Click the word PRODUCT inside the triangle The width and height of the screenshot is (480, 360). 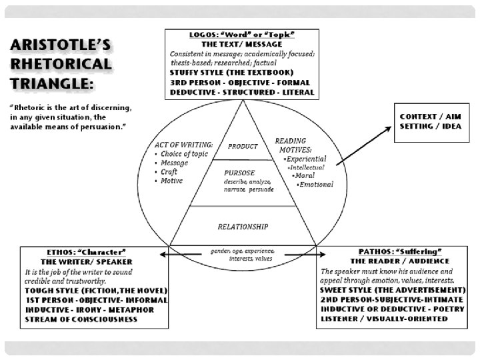point(243,145)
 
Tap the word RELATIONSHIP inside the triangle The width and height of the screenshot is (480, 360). point(243,226)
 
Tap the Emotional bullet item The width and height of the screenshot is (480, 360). point(317,184)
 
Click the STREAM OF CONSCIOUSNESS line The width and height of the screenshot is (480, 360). point(81,319)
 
